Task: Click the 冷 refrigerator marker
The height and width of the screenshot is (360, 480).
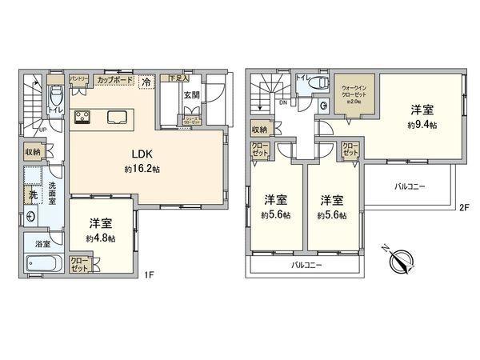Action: tap(146, 81)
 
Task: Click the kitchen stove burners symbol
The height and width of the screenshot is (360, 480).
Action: tap(82, 118)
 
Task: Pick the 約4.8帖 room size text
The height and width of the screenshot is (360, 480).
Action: tap(102, 238)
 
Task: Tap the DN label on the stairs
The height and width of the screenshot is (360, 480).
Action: tap(282, 102)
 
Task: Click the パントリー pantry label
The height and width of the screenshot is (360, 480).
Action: tap(78, 78)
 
